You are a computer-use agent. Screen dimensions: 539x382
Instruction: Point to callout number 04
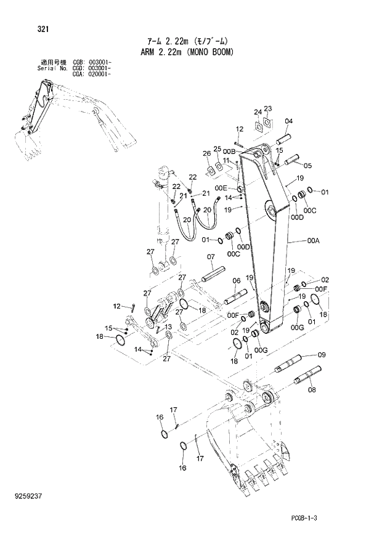click(x=289, y=121)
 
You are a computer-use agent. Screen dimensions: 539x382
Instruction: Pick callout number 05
click(x=307, y=165)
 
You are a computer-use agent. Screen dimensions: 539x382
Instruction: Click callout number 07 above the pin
click(x=210, y=257)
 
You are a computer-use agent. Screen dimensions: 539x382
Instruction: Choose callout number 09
click(x=321, y=355)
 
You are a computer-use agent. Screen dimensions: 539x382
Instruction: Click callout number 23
click(x=268, y=108)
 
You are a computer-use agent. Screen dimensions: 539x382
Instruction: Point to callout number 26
click(x=207, y=153)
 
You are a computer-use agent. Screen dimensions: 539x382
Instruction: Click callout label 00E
click(x=221, y=187)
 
